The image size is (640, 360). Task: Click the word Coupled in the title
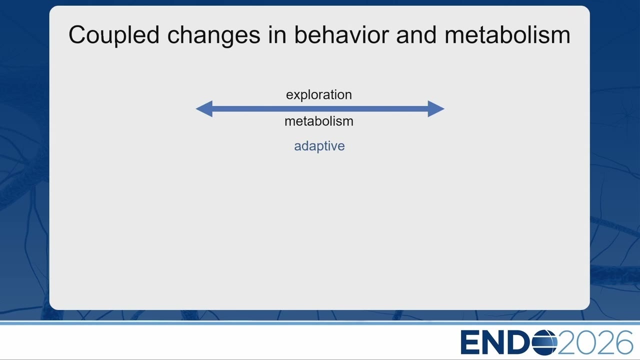(114, 35)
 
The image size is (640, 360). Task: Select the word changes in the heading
(213, 36)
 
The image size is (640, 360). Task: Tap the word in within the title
(277, 34)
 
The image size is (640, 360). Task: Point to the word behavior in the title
(341, 34)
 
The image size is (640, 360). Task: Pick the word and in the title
(416, 34)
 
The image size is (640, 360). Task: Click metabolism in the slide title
(507, 34)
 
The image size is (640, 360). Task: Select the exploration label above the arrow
(319, 95)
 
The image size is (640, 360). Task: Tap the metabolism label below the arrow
(319, 121)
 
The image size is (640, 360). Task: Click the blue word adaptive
(319, 146)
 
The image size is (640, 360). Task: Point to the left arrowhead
(204, 109)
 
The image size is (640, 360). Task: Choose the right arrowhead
(435, 109)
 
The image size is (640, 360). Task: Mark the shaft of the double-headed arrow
(320, 109)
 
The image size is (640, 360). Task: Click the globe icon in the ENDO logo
(545, 342)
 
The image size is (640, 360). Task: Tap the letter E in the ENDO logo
(470, 342)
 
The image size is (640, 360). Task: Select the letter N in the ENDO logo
(495, 342)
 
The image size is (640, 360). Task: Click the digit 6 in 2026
(622, 342)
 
